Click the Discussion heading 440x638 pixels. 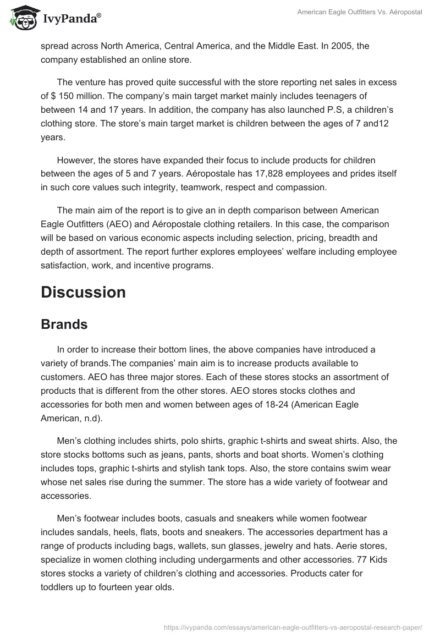(x=83, y=292)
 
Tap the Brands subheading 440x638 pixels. (x=64, y=324)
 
